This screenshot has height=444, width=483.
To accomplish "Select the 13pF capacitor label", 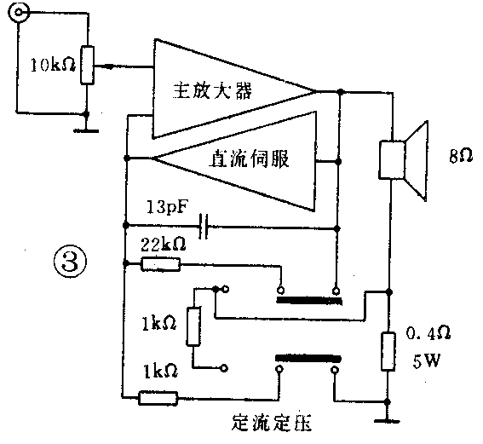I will (168, 208).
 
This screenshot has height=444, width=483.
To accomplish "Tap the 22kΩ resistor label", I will (161, 245).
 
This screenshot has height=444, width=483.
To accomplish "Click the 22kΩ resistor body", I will (161, 264).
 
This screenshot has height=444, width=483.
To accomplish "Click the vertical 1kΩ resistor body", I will (193, 327).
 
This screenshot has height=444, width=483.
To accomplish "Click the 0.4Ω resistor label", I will (427, 332).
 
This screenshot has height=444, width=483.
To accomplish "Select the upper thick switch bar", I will (308, 299).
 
